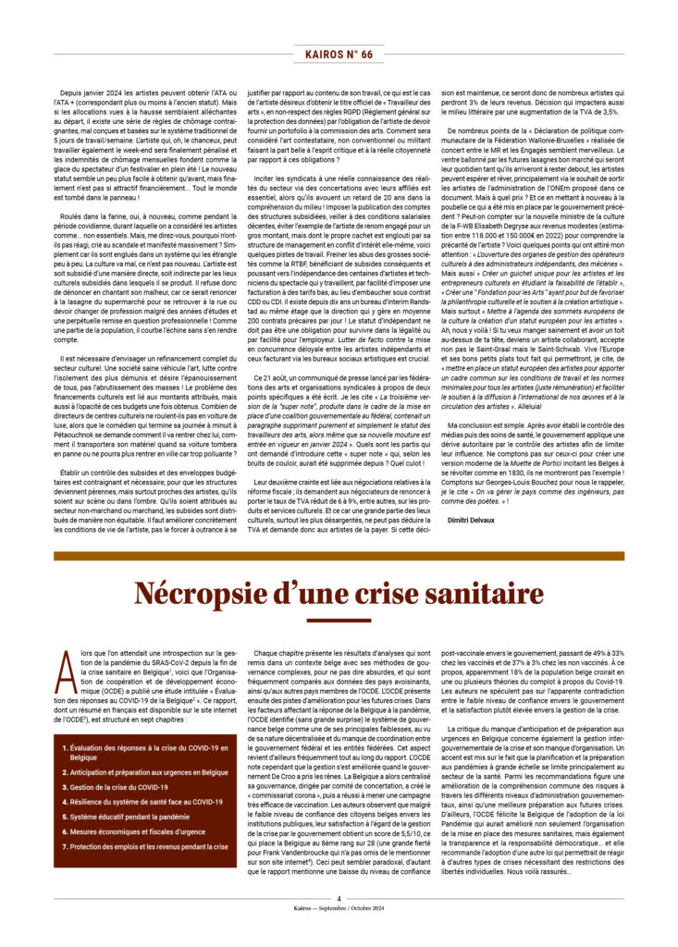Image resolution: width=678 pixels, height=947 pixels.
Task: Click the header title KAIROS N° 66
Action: coord(339,55)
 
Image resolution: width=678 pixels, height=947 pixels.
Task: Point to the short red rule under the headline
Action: coord(339,620)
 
